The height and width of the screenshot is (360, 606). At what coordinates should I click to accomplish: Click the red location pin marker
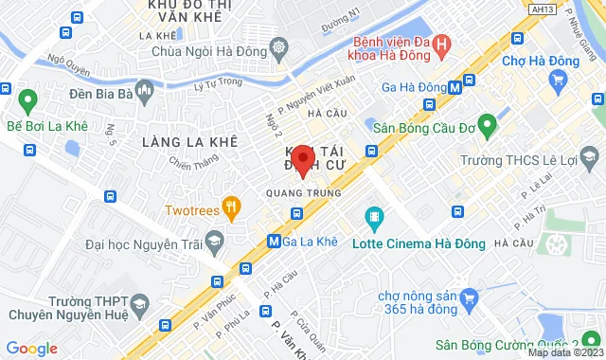click(x=302, y=160)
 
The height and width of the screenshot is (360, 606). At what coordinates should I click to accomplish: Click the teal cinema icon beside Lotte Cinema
click(x=376, y=220)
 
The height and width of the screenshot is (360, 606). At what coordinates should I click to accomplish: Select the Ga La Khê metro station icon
click(x=275, y=241)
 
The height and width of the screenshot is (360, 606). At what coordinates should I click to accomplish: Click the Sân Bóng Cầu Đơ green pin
click(x=488, y=125)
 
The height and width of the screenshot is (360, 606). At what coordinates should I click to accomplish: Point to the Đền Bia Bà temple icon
click(x=143, y=93)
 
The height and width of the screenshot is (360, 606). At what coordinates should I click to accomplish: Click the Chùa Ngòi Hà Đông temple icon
click(x=279, y=46)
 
